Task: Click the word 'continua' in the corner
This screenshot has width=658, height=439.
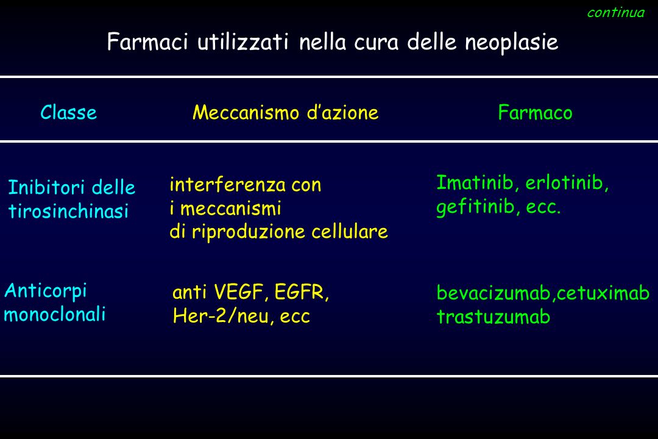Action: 615,13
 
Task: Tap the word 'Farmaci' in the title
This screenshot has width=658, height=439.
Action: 147,42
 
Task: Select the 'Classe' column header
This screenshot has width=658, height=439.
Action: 68,113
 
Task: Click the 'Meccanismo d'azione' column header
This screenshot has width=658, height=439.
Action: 285,113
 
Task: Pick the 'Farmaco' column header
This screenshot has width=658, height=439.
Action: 535,113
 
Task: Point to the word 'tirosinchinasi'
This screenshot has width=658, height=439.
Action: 68,211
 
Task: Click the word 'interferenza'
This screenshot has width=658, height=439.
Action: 227,184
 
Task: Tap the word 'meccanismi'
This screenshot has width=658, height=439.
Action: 230,209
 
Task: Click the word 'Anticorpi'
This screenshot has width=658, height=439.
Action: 46,291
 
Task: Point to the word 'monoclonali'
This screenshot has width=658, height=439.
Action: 55,314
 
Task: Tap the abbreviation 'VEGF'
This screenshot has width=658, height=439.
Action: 239,292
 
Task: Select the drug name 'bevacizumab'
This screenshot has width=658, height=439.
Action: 494,293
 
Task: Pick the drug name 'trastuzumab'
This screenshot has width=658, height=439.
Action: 493,317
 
